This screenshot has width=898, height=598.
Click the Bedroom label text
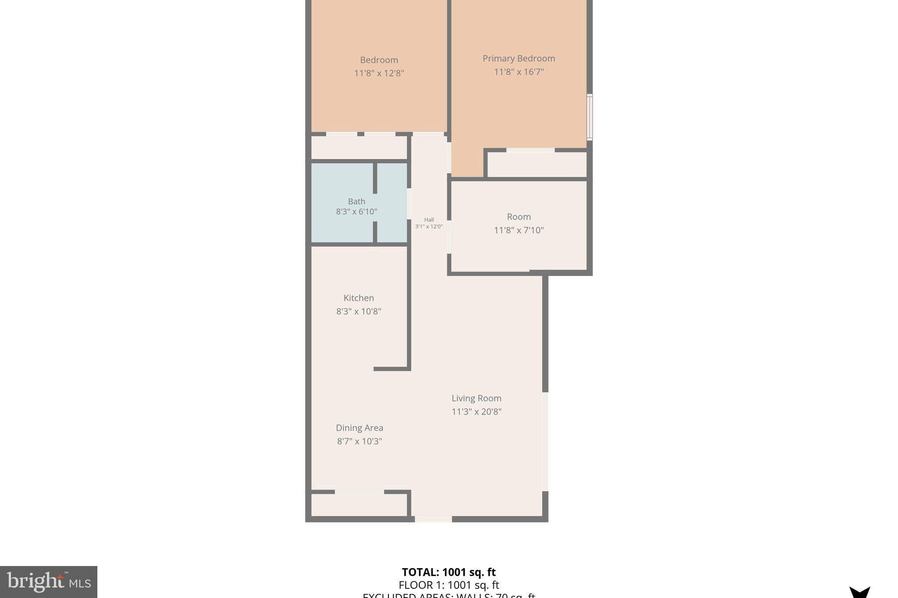pyautogui.click(x=379, y=60)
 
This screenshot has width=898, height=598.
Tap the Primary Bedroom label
pyautogui.click(x=519, y=58)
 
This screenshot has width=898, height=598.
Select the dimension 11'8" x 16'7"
pyautogui.click(x=519, y=72)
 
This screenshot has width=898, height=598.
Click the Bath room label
pyautogui.click(x=356, y=202)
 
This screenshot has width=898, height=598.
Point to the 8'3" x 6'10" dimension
pyautogui.click(x=356, y=212)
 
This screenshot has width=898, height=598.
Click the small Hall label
pyautogui.click(x=429, y=220)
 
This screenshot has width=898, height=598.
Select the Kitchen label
pyautogui.click(x=359, y=298)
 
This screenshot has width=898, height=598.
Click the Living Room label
pyautogui.click(x=476, y=398)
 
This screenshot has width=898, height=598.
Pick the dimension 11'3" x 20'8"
pyautogui.click(x=476, y=412)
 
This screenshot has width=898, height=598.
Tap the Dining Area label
pyautogui.click(x=359, y=428)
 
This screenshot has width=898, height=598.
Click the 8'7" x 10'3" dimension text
pyautogui.click(x=359, y=441)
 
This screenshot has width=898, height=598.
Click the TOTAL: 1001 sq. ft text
pyautogui.click(x=449, y=572)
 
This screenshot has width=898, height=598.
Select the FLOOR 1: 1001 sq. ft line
pyautogui.click(x=449, y=585)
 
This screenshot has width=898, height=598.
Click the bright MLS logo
pyautogui.click(x=48, y=582)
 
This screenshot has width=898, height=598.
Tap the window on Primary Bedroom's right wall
pyautogui.click(x=590, y=117)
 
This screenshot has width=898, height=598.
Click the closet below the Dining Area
pyautogui.click(x=359, y=505)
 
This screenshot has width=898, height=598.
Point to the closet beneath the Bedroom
pyautogui.click(x=359, y=148)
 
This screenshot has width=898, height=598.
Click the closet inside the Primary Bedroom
pyautogui.click(x=537, y=165)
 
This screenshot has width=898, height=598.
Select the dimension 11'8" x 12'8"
pyautogui.click(x=379, y=73)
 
